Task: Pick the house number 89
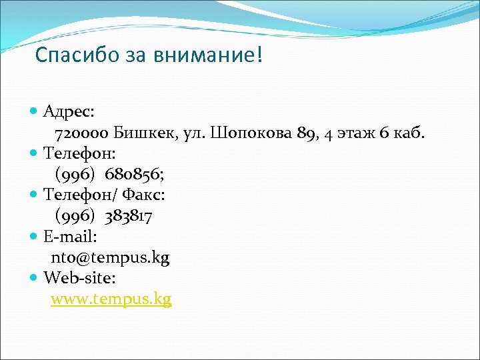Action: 307,133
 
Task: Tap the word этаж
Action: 354,133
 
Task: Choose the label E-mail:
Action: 71,236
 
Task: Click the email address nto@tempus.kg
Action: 110,257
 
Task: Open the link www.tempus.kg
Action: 111,299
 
